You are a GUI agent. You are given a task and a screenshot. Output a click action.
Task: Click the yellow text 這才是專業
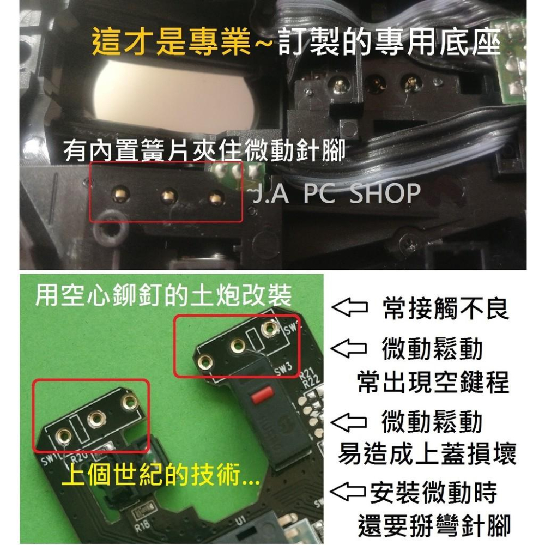[x=171, y=43]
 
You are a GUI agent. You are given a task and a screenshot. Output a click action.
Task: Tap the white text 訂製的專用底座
[x=389, y=43]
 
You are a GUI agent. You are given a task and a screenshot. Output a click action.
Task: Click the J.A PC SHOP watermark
[x=336, y=193]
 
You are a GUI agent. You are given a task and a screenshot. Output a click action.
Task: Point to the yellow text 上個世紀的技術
[x=161, y=475]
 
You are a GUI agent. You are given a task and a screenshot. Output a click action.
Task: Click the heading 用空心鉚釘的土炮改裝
[x=163, y=295]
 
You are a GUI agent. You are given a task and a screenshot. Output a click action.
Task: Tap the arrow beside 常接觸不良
[x=349, y=307]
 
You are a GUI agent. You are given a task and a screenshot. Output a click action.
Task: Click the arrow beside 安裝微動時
[x=348, y=491]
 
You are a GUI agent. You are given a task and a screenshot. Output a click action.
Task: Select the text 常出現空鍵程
[x=433, y=382]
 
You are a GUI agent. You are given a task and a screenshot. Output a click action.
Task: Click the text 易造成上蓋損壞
[x=427, y=453]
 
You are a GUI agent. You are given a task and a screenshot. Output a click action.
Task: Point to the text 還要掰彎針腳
[x=434, y=526]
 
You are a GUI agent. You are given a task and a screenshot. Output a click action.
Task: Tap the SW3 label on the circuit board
[x=283, y=369]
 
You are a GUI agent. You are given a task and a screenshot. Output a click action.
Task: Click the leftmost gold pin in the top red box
[x=120, y=194]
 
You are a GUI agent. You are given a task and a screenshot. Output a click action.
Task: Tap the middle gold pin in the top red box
[x=169, y=196]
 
